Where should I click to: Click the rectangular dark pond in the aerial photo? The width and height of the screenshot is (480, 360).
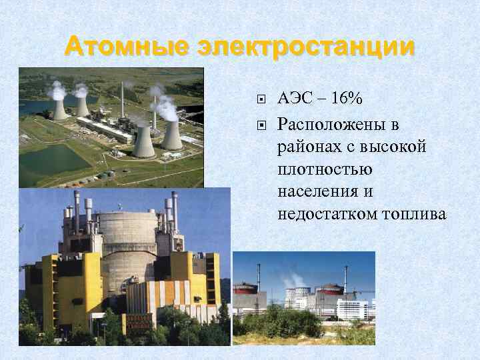tap(53, 159)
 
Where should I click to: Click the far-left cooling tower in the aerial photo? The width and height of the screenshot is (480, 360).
tap(60, 108)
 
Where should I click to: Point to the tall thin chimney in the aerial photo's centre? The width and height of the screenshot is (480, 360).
tap(122, 100)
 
